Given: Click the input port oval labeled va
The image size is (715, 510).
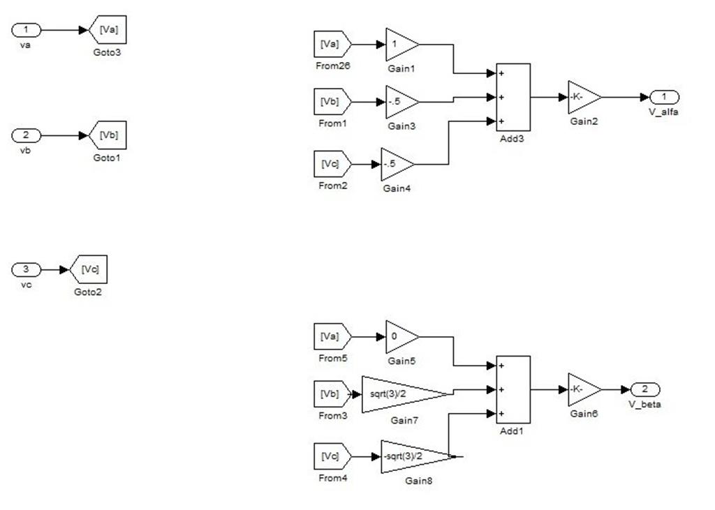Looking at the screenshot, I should [27, 30].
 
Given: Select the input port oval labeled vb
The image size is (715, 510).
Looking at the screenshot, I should [27, 135].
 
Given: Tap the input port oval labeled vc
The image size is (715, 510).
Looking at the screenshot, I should [27, 269].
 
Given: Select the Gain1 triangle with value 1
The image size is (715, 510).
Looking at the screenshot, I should [399, 45].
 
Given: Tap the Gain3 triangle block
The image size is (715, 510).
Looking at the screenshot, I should [399, 102].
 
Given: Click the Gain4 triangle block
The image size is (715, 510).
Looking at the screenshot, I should [395, 165].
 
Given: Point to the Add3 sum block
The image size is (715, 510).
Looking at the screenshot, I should [513, 97].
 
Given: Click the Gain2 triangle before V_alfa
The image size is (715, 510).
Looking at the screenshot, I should [582, 98].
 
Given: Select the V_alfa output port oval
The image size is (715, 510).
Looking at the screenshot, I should [664, 97].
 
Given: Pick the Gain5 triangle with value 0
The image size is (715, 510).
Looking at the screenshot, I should [399, 337].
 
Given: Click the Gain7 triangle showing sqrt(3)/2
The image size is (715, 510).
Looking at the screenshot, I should [398, 394].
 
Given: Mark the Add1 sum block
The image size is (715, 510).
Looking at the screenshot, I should [513, 389].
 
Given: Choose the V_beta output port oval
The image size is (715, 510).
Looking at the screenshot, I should [644, 389].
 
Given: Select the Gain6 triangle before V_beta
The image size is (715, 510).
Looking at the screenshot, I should [582, 389].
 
